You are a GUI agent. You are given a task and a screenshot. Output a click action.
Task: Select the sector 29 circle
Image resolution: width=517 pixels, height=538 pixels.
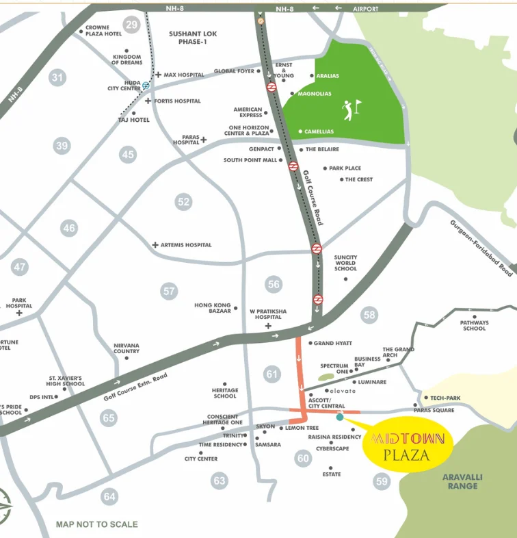click(x=132, y=25)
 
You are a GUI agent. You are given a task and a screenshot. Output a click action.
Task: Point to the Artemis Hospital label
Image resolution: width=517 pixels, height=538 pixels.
click(x=186, y=244)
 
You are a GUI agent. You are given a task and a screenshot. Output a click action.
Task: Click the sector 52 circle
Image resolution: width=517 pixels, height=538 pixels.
click(x=183, y=201)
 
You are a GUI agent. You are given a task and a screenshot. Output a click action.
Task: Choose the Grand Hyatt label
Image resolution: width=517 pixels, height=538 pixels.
click(x=332, y=343)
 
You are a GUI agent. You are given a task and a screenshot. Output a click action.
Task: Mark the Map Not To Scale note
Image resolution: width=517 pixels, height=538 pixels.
click(x=96, y=524)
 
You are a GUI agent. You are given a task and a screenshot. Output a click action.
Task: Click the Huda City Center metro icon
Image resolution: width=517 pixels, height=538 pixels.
click(x=146, y=86)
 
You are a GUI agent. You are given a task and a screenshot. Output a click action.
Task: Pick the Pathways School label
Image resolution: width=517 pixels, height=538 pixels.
click(x=474, y=325)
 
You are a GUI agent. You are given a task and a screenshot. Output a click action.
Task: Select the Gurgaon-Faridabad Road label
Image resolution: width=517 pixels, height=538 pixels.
click(x=481, y=248)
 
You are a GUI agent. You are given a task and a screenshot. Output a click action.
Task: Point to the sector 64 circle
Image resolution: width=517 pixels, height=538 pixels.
click(x=109, y=497)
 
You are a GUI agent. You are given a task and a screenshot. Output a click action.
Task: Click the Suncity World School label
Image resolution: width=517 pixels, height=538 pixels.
click(x=345, y=263)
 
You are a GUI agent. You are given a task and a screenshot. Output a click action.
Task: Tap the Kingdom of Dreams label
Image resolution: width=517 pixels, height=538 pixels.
click(x=127, y=60)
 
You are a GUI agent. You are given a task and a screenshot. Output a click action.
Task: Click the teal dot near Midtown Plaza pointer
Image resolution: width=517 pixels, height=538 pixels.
click(x=340, y=417)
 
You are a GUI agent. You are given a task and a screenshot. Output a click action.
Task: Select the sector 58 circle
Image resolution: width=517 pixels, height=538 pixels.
click(x=370, y=315)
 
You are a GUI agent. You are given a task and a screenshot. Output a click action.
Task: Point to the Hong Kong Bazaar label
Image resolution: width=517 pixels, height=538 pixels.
click(x=213, y=308)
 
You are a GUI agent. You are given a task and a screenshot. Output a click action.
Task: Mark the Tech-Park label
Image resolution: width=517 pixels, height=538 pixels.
click(x=447, y=398)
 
